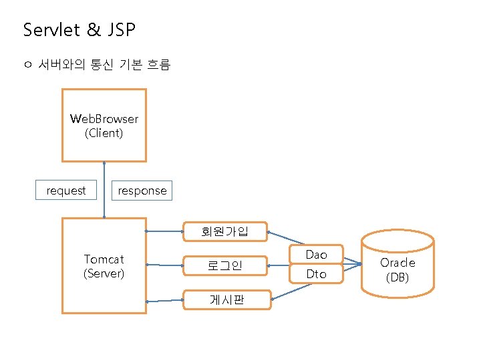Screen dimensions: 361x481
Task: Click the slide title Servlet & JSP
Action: point(79,30)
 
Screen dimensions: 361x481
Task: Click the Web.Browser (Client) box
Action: point(104,126)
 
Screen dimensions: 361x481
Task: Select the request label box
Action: point(65,191)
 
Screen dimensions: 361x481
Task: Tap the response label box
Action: point(142,191)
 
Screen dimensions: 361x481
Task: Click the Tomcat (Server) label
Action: point(104,266)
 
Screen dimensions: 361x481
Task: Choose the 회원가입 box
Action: point(225,231)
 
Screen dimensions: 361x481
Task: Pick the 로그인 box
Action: point(225,266)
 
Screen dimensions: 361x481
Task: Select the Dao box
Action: point(316,255)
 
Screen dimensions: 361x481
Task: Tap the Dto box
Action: point(316,274)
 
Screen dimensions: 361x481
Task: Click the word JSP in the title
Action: point(120,30)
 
